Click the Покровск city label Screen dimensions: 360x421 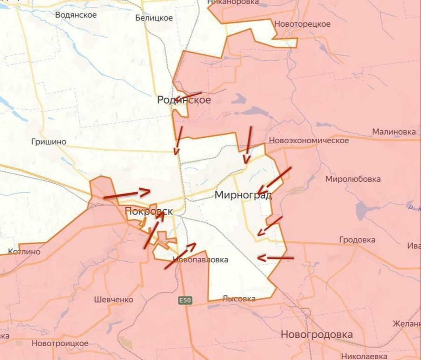(x=149, y=211)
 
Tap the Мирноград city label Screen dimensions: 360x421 (x=243, y=195)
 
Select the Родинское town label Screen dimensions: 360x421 (x=184, y=100)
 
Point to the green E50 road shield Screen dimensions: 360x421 (x=185, y=300)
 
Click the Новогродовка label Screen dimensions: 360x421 (x=316, y=334)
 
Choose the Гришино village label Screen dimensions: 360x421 (x=49, y=142)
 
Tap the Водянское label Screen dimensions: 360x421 (x=76, y=15)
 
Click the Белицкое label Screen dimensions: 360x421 (x=154, y=18)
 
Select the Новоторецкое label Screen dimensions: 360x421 (x=302, y=24)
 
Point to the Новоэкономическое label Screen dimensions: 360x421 (x=309, y=140)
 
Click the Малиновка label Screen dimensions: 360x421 (x=394, y=132)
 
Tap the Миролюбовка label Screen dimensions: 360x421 (x=353, y=179)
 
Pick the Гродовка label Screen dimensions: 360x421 (x=357, y=240)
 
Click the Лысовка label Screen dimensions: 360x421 (x=239, y=299)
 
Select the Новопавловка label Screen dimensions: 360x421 (x=201, y=260)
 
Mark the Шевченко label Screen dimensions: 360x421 (x=114, y=300)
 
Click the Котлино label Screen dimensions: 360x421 (x=24, y=252)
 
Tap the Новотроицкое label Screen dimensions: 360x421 (x=60, y=343)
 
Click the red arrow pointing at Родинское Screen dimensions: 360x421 (x=188, y=96)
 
